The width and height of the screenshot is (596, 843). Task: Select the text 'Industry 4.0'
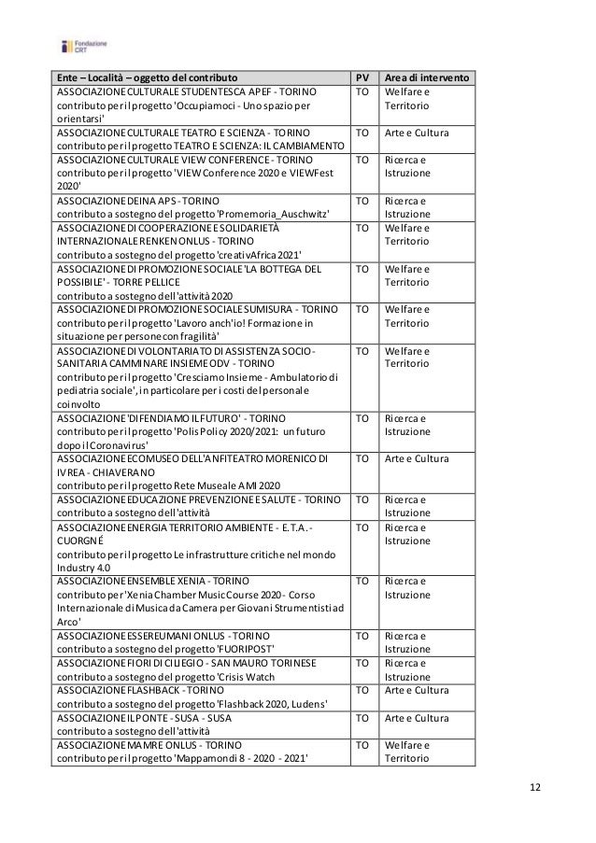coord(83,567)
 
